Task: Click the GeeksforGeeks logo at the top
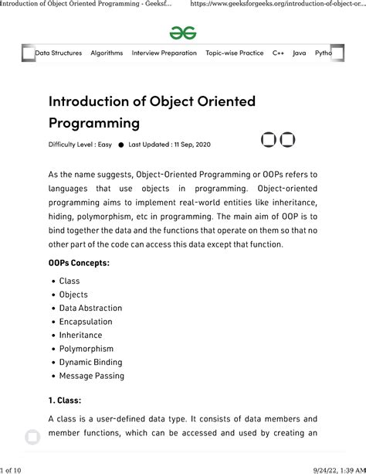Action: coord(183,32)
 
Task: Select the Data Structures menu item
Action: coord(58,53)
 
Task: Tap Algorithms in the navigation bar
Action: coord(107,53)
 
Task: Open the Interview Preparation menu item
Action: coord(164,53)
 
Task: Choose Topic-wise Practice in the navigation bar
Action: coord(234,53)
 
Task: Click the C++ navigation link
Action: coord(279,53)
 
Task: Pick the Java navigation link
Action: coord(300,53)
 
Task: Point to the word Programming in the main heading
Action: coord(94,122)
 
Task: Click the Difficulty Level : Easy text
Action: coord(80,145)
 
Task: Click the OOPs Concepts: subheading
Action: coord(79,263)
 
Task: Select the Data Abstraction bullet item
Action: coord(90,308)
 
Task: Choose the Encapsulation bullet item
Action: coord(86,322)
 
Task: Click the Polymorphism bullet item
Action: coord(86,349)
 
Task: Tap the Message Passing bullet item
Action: coord(91,376)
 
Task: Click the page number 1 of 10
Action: coord(15,468)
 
